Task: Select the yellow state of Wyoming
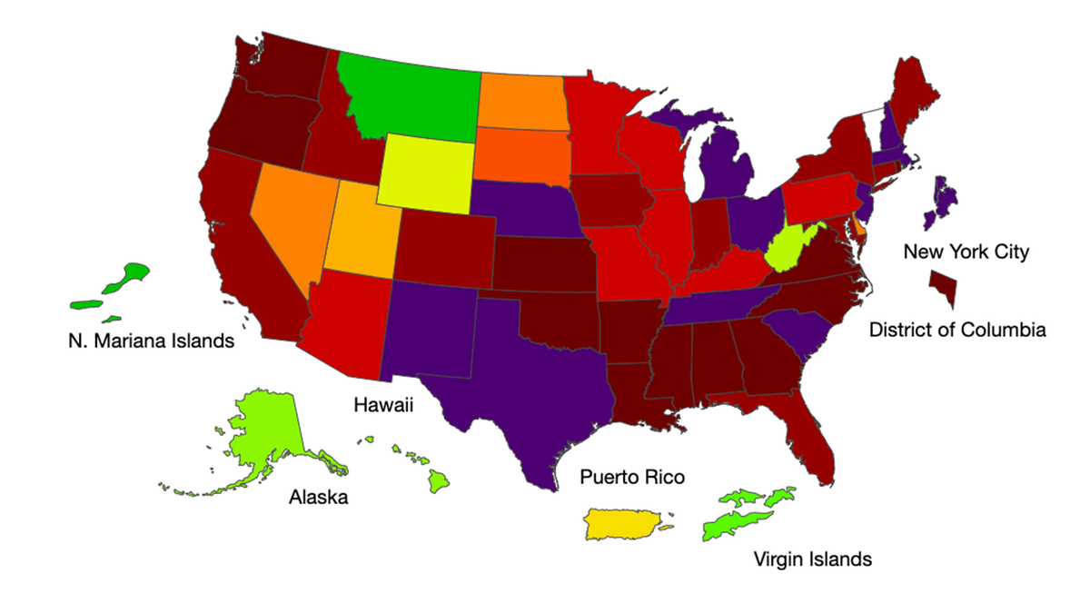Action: click(425, 170)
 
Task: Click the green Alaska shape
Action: click(268, 436)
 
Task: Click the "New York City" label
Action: click(966, 252)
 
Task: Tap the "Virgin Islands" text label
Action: click(812, 559)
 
